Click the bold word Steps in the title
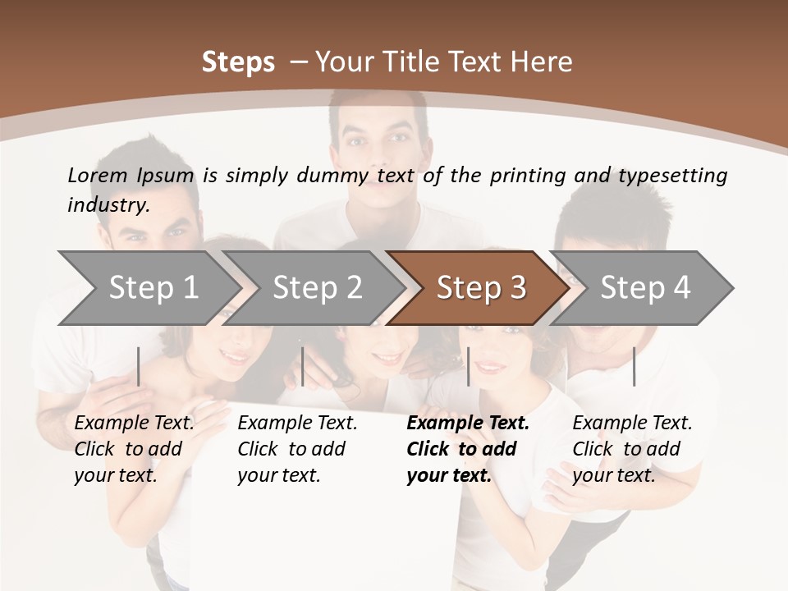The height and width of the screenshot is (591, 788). (x=238, y=62)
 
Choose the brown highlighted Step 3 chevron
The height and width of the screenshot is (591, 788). (x=481, y=287)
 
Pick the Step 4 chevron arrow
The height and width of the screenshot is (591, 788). (x=645, y=287)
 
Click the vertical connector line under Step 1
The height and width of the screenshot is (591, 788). (x=139, y=366)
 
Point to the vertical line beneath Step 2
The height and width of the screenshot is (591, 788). (x=303, y=366)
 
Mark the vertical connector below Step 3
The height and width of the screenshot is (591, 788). (x=468, y=366)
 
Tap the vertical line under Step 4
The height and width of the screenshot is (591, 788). (x=634, y=366)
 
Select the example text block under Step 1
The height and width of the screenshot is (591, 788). (x=134, y=449)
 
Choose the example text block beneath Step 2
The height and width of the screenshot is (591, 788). (x=297, y=449)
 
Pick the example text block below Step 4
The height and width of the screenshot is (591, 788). (x=632, y=449)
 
